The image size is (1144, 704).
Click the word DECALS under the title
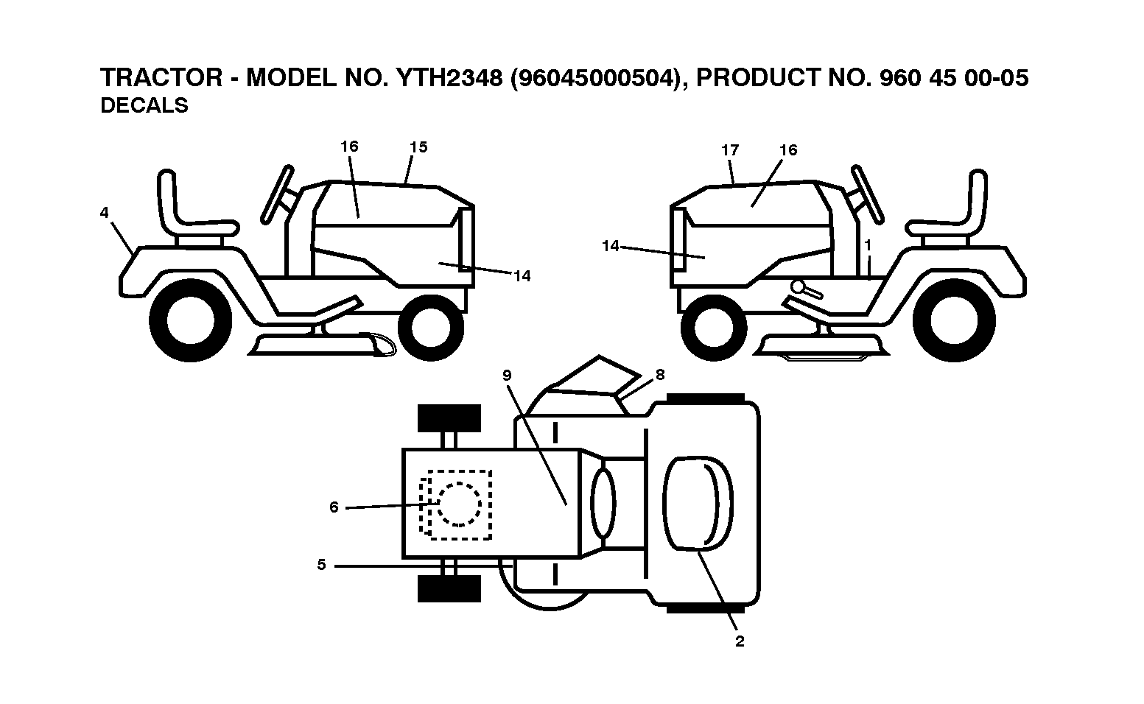tap(144, 105)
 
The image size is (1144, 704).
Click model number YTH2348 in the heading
tap(449, 77)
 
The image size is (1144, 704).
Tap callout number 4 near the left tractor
tap(104, 212)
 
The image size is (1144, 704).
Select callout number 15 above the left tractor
tap(418, 147)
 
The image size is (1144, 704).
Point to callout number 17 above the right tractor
tap(730, 150)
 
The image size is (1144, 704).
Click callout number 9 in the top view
tap(507, 376)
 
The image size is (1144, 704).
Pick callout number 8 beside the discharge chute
tap(660, 375)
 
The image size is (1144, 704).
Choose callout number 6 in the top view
tap(334, 507)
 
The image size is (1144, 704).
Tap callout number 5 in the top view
tap(321, 565)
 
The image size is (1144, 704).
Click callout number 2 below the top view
tap(740, 641)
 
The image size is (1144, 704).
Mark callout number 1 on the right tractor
tap(867, 245)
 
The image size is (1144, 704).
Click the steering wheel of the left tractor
tap(277, 194)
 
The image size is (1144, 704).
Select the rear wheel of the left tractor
tap(191, 320)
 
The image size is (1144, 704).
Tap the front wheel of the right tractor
tap(714, 328)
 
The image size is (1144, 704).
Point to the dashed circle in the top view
tap(459, 504)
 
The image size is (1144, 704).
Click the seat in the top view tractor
tap(698, 504)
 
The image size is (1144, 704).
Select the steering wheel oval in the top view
tap(603, 504)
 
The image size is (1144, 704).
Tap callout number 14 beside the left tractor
tap(522, 276)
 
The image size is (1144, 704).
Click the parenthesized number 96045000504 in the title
tap(596, 78)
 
